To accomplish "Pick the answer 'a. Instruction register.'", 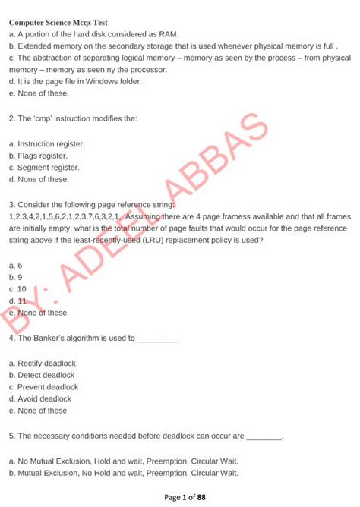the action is (47, 143).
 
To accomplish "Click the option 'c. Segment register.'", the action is (44, 167).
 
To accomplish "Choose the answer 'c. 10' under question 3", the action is (18, 288).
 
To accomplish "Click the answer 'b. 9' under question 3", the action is (16, 276).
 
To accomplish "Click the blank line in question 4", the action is (156, 339).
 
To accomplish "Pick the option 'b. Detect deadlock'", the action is (42, 374).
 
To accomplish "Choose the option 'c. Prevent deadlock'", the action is (43, 386).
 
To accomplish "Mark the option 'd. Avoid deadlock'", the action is (40, 398).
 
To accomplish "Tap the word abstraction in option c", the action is (52, 57).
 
